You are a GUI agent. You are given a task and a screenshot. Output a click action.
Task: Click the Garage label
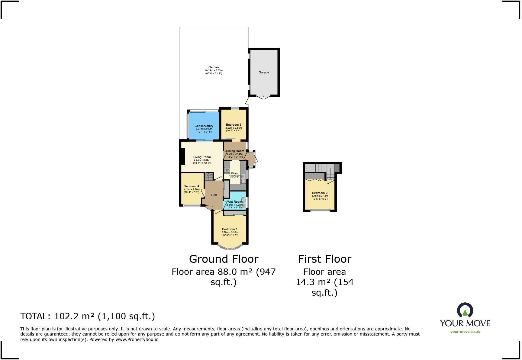pyautogui.click(x=263, y=72)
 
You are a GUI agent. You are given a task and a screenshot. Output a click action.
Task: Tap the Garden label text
pyautogui.click(x=213, y=67)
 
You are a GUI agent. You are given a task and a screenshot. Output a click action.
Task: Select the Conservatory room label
pyautogui.click(x=204, y=126)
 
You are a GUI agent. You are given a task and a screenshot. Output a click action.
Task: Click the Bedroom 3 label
pyautogui.click(x=234, y=125)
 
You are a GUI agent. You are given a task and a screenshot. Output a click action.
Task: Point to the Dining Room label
pyautogui.click(x=235, y=151)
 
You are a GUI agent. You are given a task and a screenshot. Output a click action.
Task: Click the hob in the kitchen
pyautogui.click(x=227, y=170)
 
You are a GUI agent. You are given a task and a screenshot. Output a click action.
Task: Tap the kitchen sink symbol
pyautogui.click(x=243, y=180)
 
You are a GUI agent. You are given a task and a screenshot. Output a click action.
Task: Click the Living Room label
pyautogui.click(x=202, y=157)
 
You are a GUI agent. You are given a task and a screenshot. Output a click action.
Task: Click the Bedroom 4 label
pyautogui.click(x=191, y=186)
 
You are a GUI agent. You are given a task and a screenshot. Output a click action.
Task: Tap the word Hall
pyautogui.click(x=214, y=195)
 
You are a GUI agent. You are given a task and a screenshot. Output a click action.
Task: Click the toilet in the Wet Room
pyautogui.click(x=243, y=200)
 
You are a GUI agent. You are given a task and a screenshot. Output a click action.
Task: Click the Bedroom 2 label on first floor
pyautogui.click(x=320, y=193)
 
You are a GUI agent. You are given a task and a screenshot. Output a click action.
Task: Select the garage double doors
pyautogui.click(x=263, y=97)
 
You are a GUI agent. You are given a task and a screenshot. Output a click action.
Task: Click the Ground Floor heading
pyautogui.click(x=224, y=259)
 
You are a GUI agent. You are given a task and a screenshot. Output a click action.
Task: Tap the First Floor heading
pyautogui.click(x=324, y=259)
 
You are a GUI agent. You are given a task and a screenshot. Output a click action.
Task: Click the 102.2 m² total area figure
pyautogui.click(x=74, y=316)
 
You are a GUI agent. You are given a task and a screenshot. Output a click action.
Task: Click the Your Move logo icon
pyautogui.click(x=465, y=311)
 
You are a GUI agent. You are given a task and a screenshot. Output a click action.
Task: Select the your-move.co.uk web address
pyautogui.click(x=465, y=332)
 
